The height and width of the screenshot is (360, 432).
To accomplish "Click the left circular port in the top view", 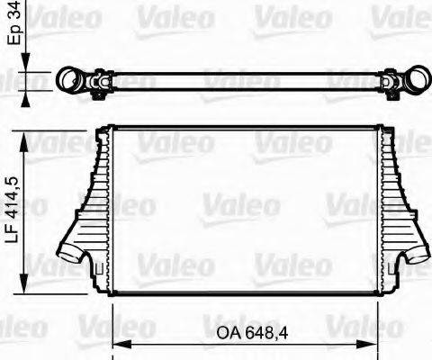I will coord(69,81).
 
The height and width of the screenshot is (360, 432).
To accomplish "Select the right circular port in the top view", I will coord(416,81).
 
